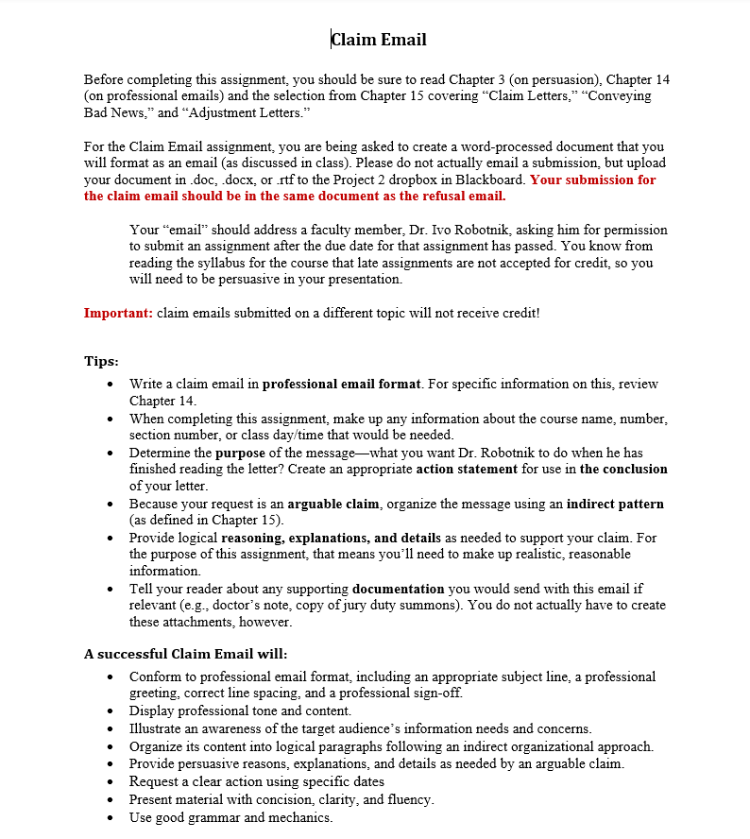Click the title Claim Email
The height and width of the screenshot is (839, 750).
pos(379,40)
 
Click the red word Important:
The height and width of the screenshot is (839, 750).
pos(118,313)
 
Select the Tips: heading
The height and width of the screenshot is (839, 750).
pos(101,361)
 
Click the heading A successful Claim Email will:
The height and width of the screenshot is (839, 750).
pos(185,654)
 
